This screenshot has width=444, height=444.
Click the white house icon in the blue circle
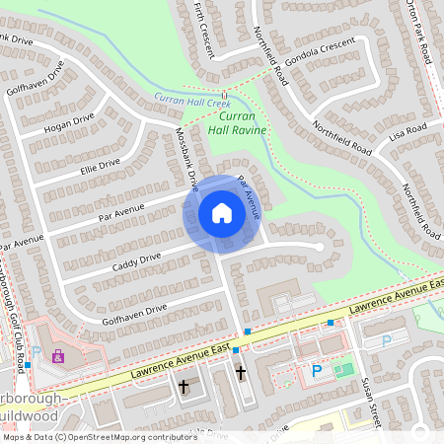click(x=222, y=213)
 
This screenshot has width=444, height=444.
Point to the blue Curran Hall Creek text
click(x=192, y=100)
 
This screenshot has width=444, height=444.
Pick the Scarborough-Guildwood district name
click(x=35, y=407)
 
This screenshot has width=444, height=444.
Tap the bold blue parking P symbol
click(x=317, y=371)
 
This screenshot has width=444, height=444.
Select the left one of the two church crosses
click(x=184, y=388)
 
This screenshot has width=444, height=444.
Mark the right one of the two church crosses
click(x=241, y=372)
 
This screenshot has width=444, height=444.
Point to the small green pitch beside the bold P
click(x=342, y=370)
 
